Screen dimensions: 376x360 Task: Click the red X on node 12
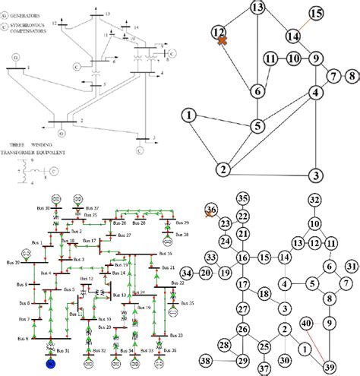point(222,42)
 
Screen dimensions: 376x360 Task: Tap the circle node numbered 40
point(306,326)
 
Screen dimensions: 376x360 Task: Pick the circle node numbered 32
point(314,200)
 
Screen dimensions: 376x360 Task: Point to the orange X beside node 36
point(210,216)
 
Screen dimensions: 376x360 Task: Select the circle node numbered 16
point(242,258)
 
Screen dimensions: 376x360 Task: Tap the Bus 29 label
point(180,223)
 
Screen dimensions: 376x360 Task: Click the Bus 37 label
point(91,207)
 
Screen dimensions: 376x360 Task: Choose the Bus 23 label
point(176,335)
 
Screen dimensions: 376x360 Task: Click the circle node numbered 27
point(242,309)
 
